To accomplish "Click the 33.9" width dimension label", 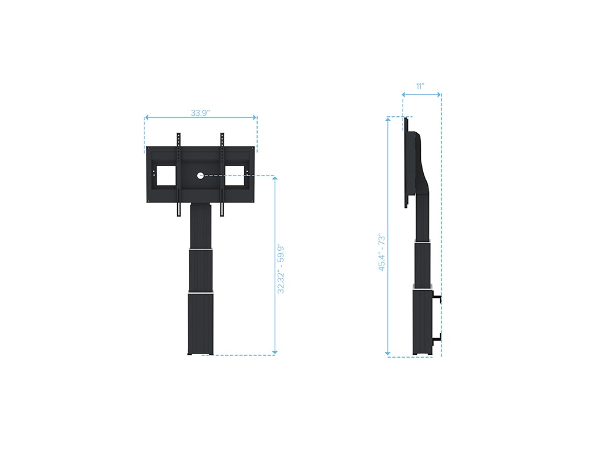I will [201, 113].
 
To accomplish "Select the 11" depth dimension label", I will [420, 86].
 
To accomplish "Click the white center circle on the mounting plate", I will [200, 175].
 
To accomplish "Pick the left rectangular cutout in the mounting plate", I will [165, 176].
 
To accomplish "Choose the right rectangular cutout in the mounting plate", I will [234, 176].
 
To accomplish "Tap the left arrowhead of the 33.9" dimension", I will [147, 117].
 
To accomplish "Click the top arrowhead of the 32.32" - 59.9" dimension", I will [275, 178].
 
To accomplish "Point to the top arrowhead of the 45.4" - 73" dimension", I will [387, 120].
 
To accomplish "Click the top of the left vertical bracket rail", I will [178, 136].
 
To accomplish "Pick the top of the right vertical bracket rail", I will [222, 136].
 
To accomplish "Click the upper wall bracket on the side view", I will [438, 298].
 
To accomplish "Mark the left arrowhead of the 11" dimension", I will [405, 94].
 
